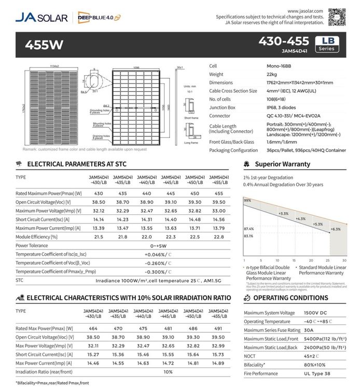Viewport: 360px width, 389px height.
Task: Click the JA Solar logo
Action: coord(41,17)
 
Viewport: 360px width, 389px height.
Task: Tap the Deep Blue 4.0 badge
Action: coord(99,17)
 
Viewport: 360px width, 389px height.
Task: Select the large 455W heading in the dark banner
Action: coord(44,45)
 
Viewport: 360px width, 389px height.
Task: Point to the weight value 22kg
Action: coord(260,75)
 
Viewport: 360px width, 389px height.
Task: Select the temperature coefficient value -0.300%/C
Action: coord(158,272)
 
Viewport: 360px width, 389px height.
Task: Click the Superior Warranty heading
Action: coord(282,164)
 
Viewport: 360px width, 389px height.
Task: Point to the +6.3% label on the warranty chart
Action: coord(335,229)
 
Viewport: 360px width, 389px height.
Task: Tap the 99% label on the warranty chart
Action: coord(247,200)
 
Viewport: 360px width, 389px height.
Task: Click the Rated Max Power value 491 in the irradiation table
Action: coord(218,329)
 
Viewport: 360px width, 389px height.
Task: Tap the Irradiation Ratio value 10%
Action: coord(168,372)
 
